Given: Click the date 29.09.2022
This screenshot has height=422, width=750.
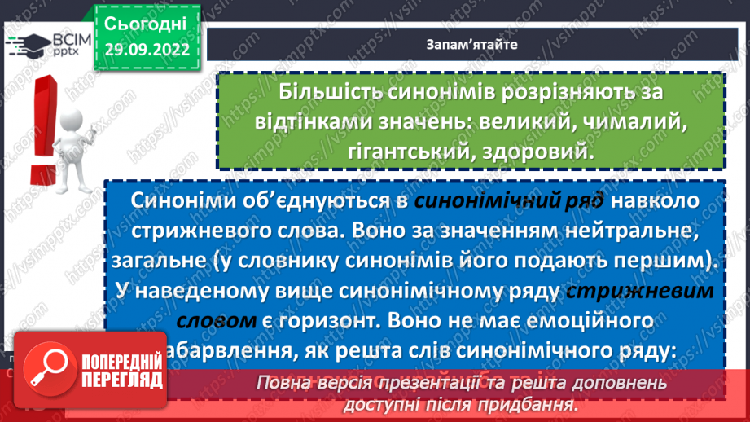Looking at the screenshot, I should pos(147,49).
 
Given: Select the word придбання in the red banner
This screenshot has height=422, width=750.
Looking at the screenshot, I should pos(531,404).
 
